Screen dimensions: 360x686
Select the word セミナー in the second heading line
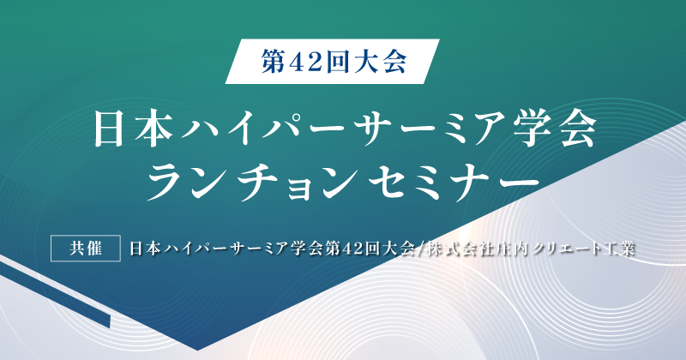[454, 181]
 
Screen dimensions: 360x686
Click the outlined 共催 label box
[85, 249]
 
